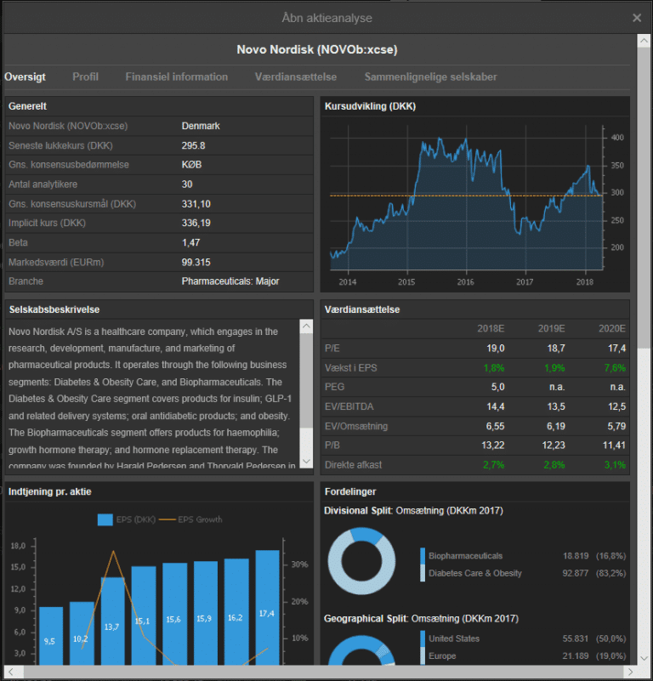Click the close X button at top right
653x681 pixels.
pyautogui.click(x=637, y=18)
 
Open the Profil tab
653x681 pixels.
pyautogui.click(x=85, y=77)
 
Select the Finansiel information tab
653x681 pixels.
pyautogui.click(x=176, y=77)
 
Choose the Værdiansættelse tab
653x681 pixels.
pyautogui.click(x=295, y=77)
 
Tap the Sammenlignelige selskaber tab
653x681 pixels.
pyautogui.click(x=430, y=77)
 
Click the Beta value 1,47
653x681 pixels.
pyautogui.click(x=190, y=242)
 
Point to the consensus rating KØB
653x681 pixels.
pyautogui.click(x=191, y=165)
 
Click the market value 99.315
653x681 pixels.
pyautogui.click(x=196, y=262)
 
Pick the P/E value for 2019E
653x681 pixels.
pyautogui.click(x=556, y=348)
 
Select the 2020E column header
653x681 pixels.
pyautogui.click(x=611, y=328)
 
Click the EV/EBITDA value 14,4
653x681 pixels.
pyautogui.click(x=496, y=406)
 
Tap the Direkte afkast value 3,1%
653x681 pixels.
pyautogui.click(x=615, y=465)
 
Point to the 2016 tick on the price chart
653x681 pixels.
pyautogui.click(x=466, y=282)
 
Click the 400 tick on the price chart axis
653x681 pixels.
pyautogui.click(x=617, y=138)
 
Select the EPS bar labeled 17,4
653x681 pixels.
pyautogui.click(x=267, y=608)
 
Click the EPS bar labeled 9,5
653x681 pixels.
pyautogui.click(x=51, y=636)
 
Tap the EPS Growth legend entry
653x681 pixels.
pyautogui.click(x=190, y=519)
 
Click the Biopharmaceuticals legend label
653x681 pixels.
pyautogui.click(x=465, y=556)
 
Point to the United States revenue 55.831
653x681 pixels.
pyautogui.click(x=576, y=638)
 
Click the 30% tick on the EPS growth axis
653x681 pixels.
pyautogui.click(x=300, y=565)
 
